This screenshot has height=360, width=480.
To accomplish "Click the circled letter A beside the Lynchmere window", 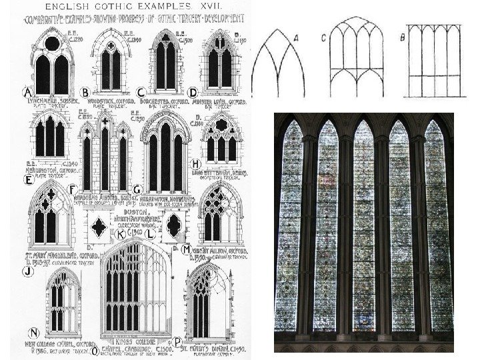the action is [28, 92].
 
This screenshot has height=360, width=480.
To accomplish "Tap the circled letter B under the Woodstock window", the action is [85, 92].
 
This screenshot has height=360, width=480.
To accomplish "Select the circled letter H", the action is [195, 163].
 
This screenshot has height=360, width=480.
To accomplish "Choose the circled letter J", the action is [28, 271].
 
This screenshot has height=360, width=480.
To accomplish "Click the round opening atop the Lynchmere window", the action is [53, 44].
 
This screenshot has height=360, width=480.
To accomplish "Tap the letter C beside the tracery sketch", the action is [323, 39].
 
